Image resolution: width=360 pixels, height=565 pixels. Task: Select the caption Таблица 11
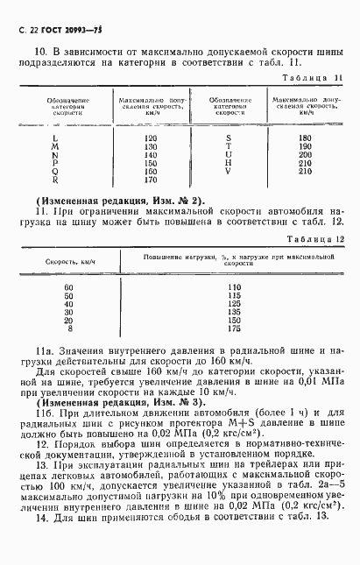coord(312,78)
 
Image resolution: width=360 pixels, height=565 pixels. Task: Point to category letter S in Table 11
coord(229,138)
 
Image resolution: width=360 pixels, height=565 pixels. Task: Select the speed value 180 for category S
coord(304,138)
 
